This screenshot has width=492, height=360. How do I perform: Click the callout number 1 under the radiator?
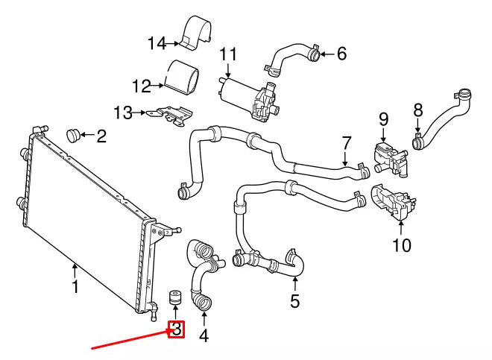pyautogui.click(x=75, y=286)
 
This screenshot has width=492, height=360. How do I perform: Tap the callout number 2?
pyautogui.click(x=101, y=136)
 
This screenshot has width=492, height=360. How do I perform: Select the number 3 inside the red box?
pyautogui.click(x=177, y=328)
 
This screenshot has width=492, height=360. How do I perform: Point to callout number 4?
pyautogui.click(x=204, y=335)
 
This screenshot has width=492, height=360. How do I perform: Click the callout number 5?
pyautogui.click(x=294, y=301)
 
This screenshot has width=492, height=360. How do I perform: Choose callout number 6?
pyautogui.click(x=341, y=53)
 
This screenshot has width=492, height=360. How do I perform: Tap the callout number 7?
pyautogui.click(x=346, y=142)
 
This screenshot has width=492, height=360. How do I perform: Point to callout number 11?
pyautogui.click(x=227, y=54)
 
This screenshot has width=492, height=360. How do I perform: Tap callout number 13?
pyautogui.click(x=123, y=113)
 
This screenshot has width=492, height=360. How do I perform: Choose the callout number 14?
pyautogui.click(x=157, y=43)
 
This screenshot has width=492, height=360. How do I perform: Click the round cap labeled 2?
pyautogui.click(x=73, y=135)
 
